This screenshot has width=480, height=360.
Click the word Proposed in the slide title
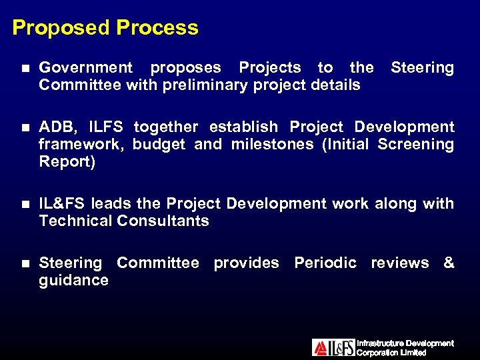click(x=61, y=28)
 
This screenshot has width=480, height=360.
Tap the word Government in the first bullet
click(x=86, y=67)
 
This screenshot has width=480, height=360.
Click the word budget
click(x=159, y=144)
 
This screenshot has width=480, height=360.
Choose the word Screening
click(x=416, y=144)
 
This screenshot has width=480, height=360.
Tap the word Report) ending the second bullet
click(x=67, y=161)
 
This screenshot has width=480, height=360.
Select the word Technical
click(x=75, y=221)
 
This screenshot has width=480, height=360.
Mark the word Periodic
click(x=325, y=263)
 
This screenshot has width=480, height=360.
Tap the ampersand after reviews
click(x=449, y=263)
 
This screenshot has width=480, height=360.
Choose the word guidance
click(x=73, y=280)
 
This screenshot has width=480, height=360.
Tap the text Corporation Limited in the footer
click(x=391, y=352)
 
